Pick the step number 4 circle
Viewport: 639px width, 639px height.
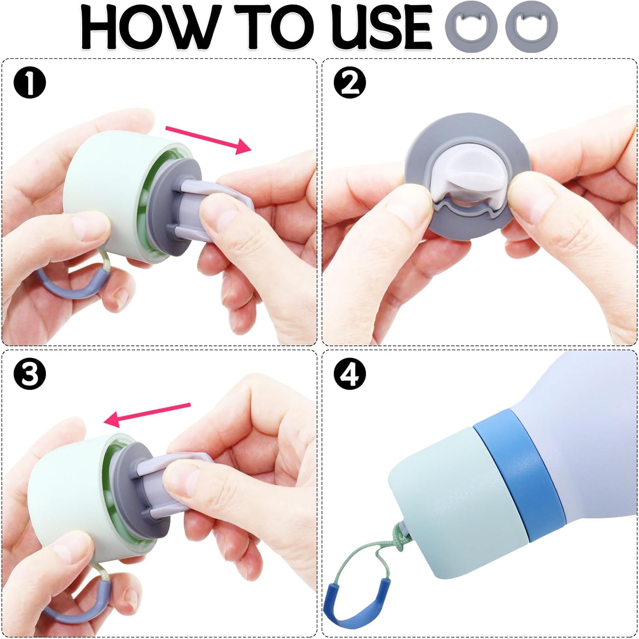[349, 374]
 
